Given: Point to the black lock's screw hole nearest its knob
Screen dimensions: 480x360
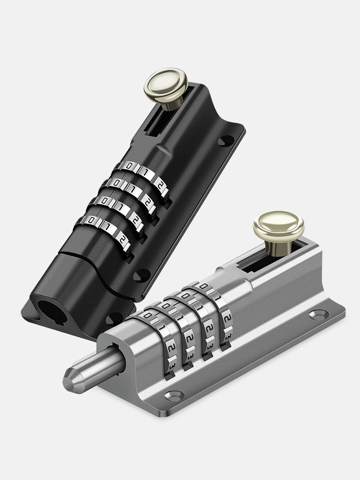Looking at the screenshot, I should (226, 141).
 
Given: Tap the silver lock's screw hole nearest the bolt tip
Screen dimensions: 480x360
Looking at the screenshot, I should (173, 396).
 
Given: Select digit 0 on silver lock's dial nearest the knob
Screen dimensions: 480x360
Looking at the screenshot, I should (204, 287).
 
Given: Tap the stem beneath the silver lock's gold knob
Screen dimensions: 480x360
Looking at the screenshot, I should (277, 247).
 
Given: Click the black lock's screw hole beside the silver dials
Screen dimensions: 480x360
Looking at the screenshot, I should (114, 317).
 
